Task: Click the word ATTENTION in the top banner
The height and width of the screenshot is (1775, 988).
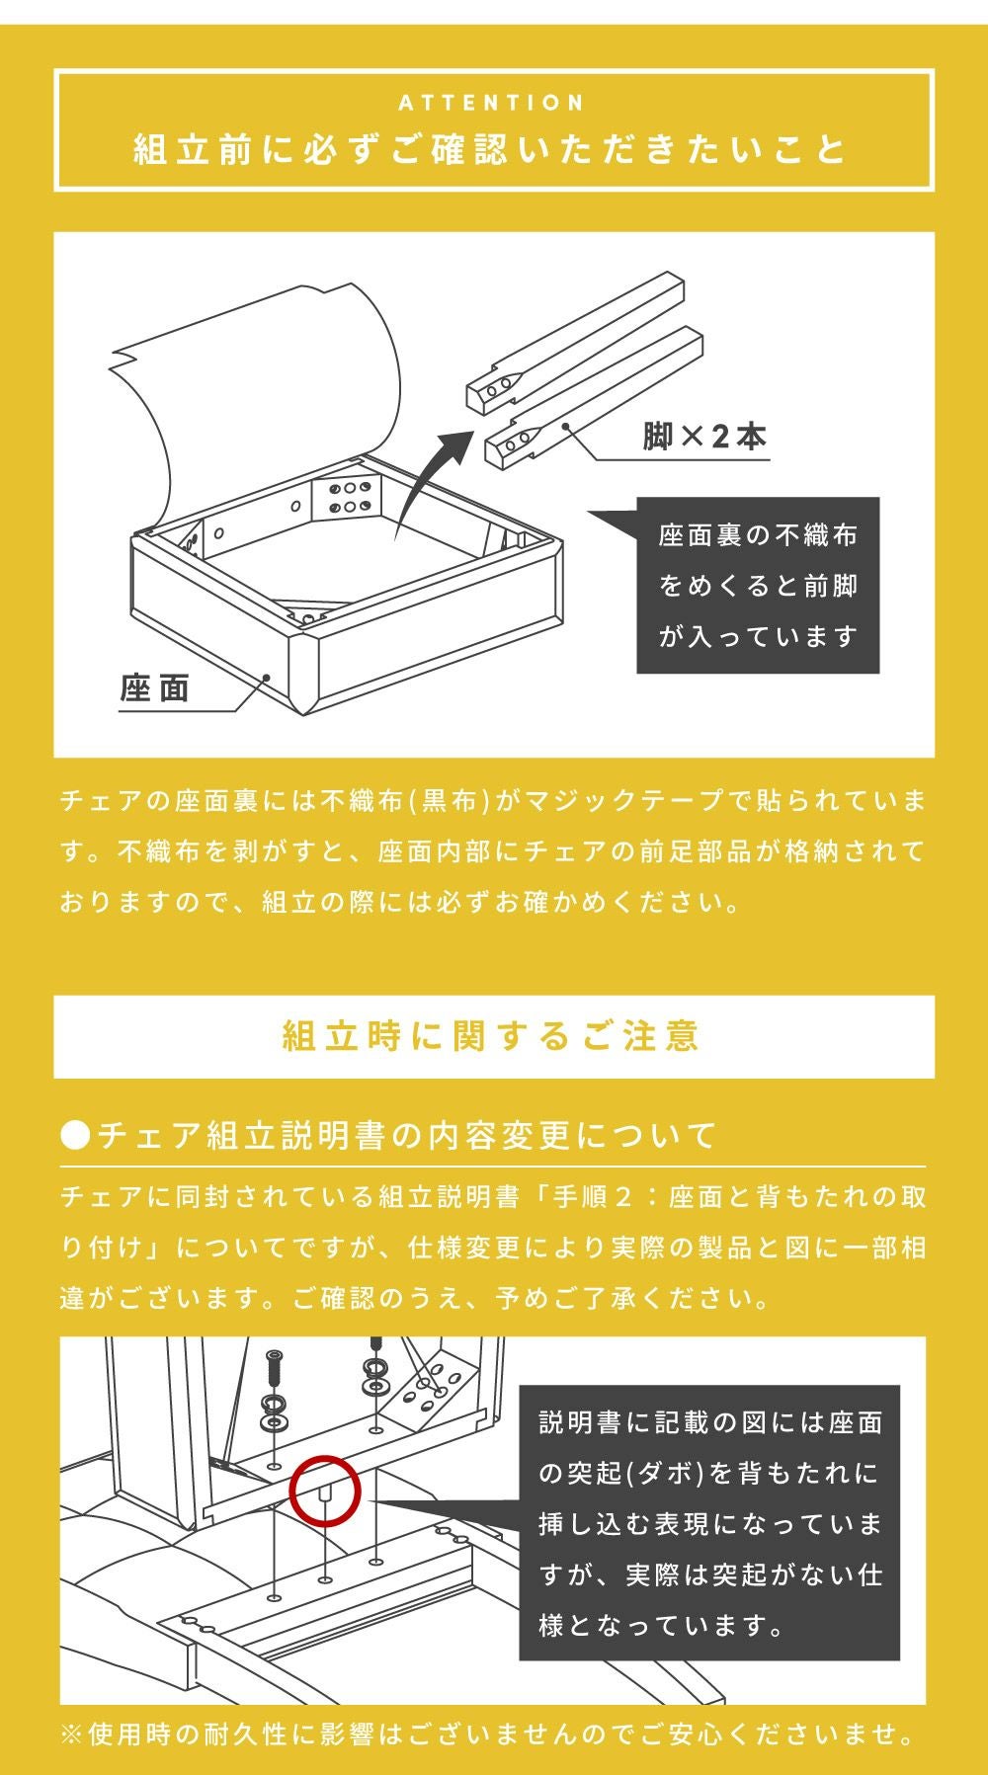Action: pos(492,103)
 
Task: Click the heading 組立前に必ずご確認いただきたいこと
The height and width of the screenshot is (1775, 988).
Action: pos(492,150)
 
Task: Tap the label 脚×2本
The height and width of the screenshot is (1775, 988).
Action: pos(704,436)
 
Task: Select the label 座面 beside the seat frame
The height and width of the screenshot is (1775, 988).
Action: pos(155,687)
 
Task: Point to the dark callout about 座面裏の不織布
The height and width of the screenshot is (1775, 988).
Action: pos(758,585)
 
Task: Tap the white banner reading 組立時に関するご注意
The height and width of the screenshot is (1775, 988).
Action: pos(494,1036)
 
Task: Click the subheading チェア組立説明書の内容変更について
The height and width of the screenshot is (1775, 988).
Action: pos(407,1135)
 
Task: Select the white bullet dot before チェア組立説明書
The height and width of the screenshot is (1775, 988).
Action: pos(75,1136)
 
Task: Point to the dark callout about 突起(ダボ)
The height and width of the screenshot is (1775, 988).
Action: pos(709,1522)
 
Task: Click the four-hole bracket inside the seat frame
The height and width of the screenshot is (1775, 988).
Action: pos(347,497)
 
